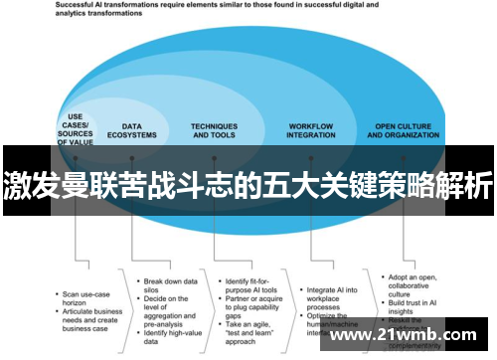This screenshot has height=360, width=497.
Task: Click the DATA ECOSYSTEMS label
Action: point(139,130)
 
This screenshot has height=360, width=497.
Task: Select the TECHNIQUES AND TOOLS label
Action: point(215,130)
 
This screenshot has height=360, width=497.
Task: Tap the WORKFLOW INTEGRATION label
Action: point(310,130)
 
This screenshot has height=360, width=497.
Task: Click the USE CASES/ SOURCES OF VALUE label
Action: point(75,130)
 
